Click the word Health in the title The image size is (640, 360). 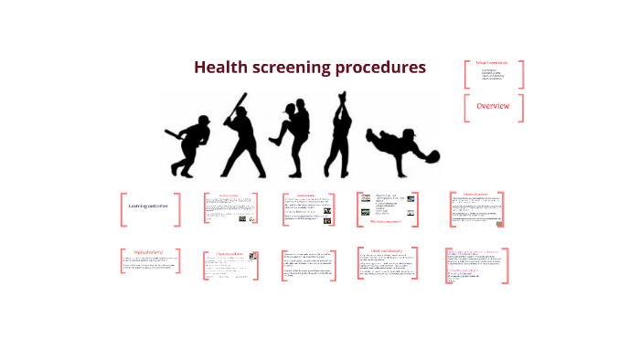pyautogui.click(x=220, y=68)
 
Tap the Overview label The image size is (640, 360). pyautogui.click(x=494, y=107)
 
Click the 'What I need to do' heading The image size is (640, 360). pyautogui.click(x=492, y=62)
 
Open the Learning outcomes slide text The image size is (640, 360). pyautogui.click(x=148, y=206)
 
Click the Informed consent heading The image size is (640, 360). pyautogui.click(x=475, y=195)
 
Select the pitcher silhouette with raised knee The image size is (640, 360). pyautogui.click(x=294, y=137)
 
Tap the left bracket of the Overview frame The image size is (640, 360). pyautogui.click(x=466, y=108)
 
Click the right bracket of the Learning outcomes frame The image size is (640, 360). pyautogui.click(x=178, y=208)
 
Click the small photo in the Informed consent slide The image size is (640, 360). pyautogui.click(x=498, y=220)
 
